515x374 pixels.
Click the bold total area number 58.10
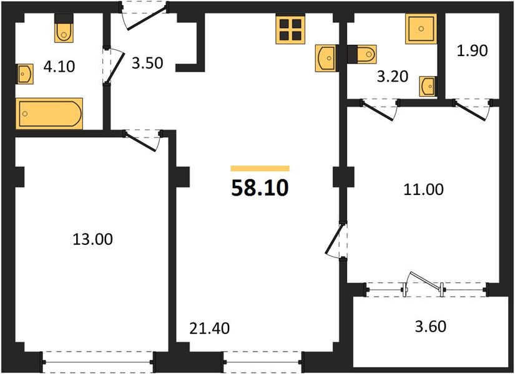point(260,188)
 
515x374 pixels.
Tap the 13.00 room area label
point(92,239)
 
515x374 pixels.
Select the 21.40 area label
point(210,328)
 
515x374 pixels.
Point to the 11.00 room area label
point(423,189)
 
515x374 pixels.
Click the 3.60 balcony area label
point(431,327)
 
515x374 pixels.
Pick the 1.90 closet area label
point(473,50)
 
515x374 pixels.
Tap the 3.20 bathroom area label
point(393,77)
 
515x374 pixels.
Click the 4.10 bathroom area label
point(59,67)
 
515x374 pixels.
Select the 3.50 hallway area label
point(147,63)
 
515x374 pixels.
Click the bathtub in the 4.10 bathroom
point(49,113)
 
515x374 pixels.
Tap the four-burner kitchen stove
point(291,29)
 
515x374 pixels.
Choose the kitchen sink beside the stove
point(325,58)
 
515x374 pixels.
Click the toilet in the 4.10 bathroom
point(64,28)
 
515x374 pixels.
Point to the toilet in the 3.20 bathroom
point(362,54)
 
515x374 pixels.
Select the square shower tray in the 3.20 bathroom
point(421,29)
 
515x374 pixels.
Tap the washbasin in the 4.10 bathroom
point(24,74)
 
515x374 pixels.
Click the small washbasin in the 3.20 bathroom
point(428,87)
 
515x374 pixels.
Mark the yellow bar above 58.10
point(260,169)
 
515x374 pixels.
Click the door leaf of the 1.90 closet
point(470,112)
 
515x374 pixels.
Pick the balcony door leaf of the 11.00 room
point(425,281)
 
